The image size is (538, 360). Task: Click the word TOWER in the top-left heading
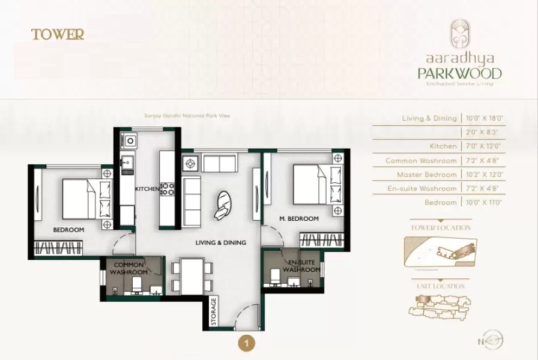pos(58,34)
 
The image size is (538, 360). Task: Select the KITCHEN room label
pos(147,189)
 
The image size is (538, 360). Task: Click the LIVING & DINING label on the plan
pos(221,242)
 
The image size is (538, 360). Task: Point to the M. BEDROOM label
pos(299,219)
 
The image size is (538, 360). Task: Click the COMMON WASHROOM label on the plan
pos(128,269)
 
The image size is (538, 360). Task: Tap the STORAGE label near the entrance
pos(213,312)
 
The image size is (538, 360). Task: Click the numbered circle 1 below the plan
pos(246,344)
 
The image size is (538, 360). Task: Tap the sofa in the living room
pos(193,201)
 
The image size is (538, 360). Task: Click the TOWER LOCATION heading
pos(440,228)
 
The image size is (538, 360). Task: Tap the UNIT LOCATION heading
pos(441,287)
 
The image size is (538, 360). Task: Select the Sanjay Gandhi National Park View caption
pos(187,116)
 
